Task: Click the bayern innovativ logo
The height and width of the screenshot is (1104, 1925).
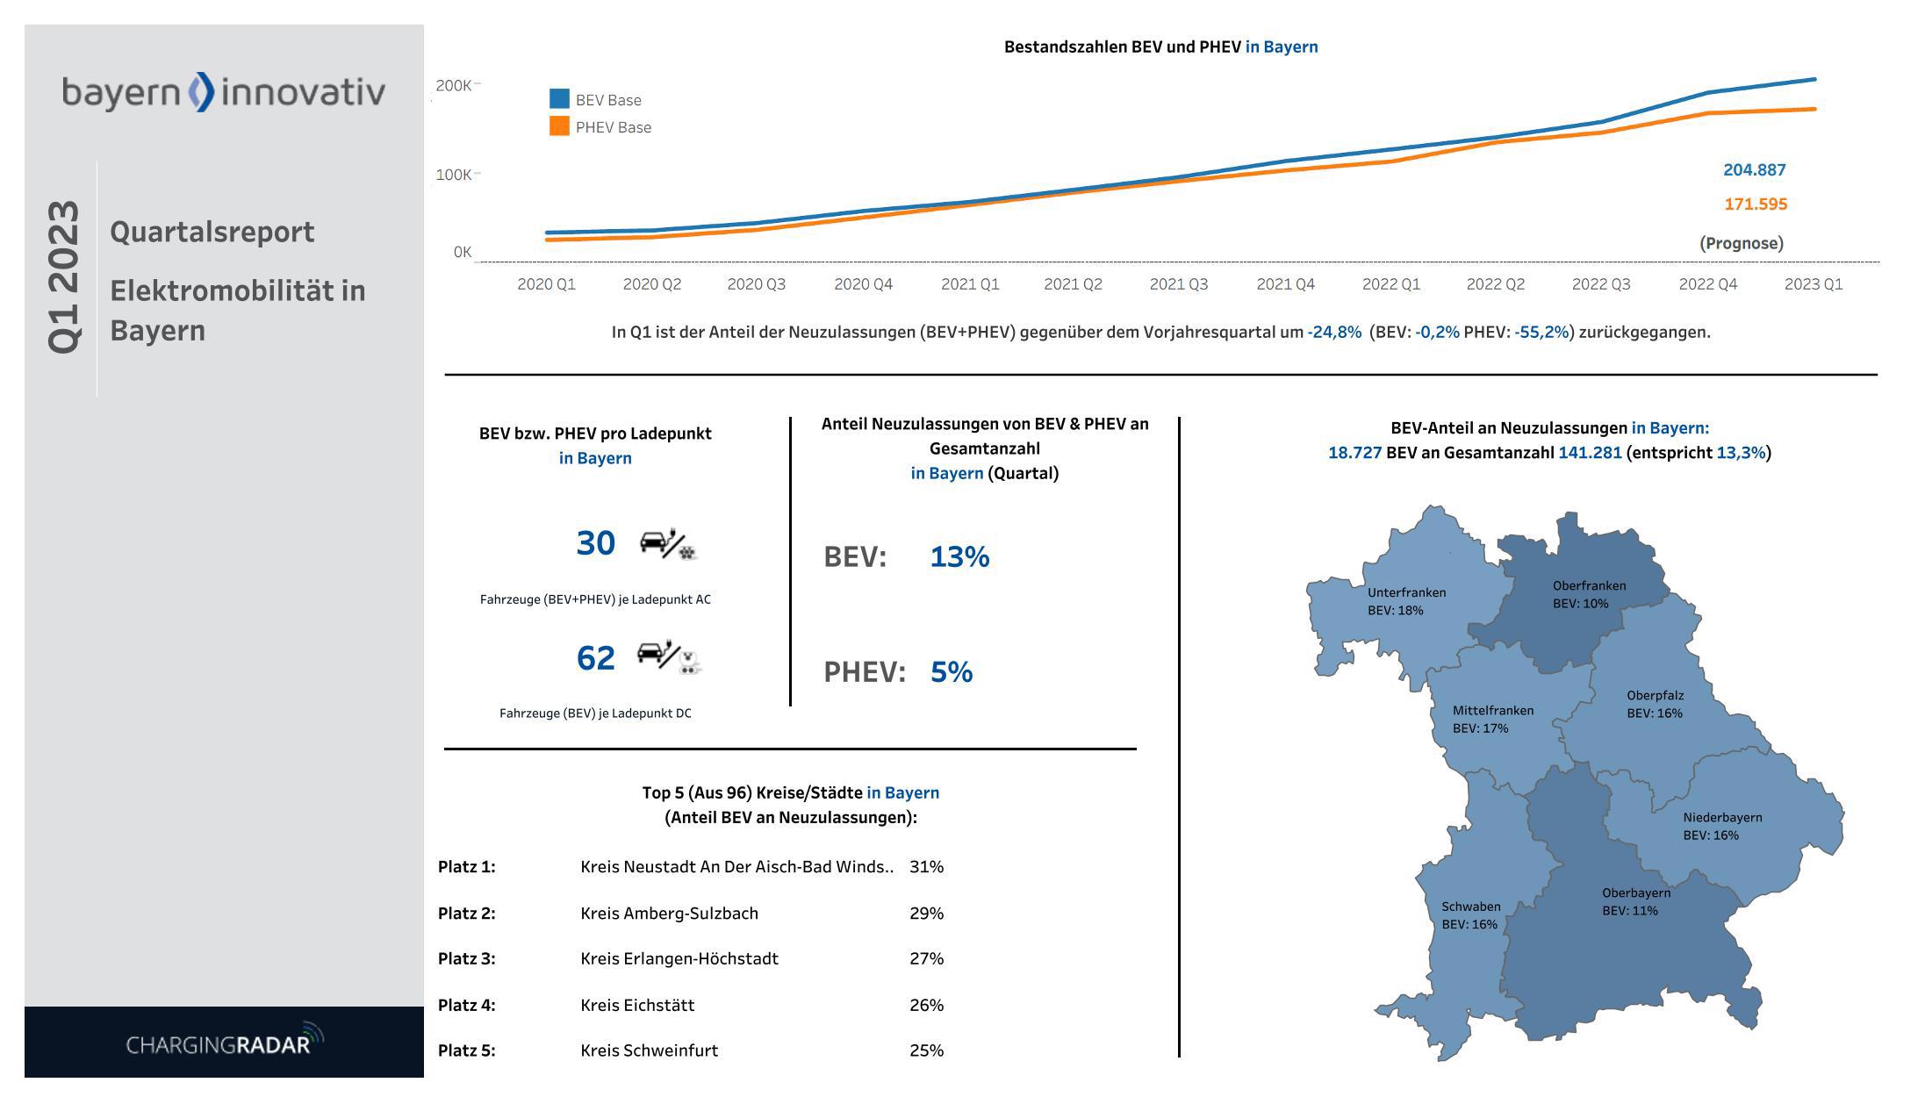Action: point(223,92)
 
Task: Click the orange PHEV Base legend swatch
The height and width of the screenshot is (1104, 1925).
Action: point(559,126)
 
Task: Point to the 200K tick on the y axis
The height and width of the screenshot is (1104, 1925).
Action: point(454,85)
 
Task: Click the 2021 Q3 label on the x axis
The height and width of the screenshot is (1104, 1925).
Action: point(1178,284)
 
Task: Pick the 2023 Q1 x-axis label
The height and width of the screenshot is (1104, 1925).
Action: point(1813,284)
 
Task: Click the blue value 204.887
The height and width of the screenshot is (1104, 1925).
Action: point(1754,170)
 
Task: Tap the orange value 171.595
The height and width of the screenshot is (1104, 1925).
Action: point(1755,204)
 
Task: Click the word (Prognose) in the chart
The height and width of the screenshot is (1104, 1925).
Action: point(1741,243)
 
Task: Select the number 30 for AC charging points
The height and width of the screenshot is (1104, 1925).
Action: point(595,543)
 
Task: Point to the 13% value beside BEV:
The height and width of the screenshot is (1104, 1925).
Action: point(959,557)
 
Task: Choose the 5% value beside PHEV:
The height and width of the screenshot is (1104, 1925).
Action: point(951,672)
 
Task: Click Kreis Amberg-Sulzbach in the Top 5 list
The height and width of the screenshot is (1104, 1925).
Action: point(669,914)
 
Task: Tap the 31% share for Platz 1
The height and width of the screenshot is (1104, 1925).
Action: point(926,867)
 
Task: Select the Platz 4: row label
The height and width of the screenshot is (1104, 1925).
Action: point(466,1006)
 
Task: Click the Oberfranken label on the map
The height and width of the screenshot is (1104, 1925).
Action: point(1589,586)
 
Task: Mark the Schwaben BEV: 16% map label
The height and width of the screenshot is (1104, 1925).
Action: point(1470,915)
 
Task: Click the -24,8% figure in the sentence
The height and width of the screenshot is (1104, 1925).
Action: point(1333,333)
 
